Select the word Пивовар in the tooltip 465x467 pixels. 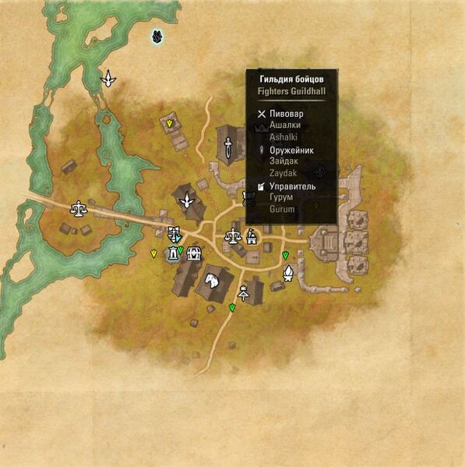point(287,114)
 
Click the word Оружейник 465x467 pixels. point(292,150)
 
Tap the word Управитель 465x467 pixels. point(292,187)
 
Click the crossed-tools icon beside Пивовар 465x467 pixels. point(262,114)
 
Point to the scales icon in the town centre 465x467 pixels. point(232,235)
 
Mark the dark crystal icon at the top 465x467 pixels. point(157,36)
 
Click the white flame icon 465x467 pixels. point(287,272)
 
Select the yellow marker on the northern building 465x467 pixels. point(169,123)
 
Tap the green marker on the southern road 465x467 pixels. point(232,309)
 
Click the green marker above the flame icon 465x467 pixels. point(285,256)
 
